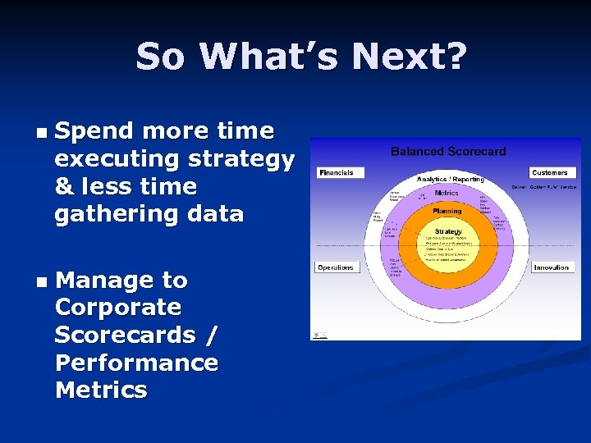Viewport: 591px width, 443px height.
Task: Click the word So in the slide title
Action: click(162, 57)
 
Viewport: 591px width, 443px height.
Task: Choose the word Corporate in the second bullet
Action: click(117, 308)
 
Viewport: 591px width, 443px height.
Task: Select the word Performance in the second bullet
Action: click(136, 363)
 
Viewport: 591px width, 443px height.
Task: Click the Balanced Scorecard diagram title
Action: click(448, 151)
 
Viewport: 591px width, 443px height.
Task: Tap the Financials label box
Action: click(337, 172)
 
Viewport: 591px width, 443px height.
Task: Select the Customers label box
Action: click(549, 172)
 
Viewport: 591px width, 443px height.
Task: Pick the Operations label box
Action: click(336, 267)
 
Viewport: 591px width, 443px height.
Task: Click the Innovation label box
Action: click(551, 267)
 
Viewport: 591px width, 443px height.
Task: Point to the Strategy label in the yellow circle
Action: click(448, 231)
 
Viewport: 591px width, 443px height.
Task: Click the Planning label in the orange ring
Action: click(447, 211)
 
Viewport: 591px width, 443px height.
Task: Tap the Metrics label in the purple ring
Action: click(447, 193)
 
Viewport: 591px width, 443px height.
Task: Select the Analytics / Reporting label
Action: click(450, 179)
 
